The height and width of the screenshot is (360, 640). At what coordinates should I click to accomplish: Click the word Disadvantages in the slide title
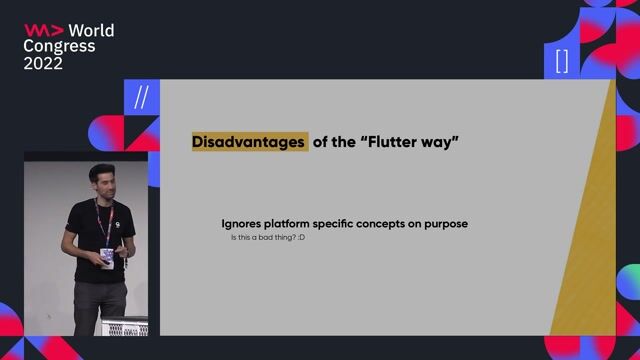(249, 142)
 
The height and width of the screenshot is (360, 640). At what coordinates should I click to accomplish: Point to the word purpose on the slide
(443, 223)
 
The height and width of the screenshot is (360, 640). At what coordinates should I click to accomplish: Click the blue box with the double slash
(140, 98)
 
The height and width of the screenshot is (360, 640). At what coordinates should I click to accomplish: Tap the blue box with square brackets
(561, 60)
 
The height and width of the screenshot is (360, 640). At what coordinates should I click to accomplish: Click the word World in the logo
(90, 30)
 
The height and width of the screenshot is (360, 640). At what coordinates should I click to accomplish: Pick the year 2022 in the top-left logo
(43, 63)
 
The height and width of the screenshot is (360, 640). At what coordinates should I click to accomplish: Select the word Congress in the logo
(59, 46)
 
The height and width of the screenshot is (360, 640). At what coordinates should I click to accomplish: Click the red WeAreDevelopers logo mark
(42, 30)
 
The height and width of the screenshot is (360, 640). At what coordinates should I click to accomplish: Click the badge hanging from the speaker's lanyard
(107, 256)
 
